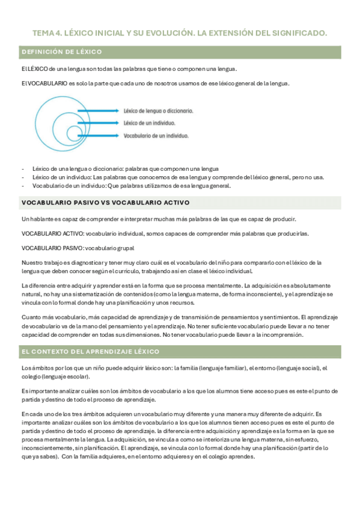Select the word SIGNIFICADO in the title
point(299,33)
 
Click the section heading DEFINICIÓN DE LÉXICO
point(62,52)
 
